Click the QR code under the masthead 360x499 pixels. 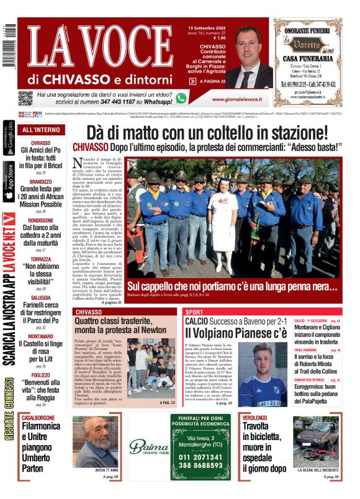25,98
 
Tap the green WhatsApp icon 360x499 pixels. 181,98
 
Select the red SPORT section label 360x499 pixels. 194,312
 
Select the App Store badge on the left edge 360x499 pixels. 9,182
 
